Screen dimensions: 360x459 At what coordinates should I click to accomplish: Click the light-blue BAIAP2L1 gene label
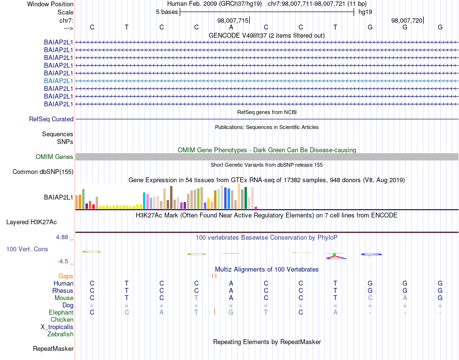pyautogui.click(x=58, y=81)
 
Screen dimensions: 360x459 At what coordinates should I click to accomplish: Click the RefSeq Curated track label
pyautogui.click(x=51, y=119)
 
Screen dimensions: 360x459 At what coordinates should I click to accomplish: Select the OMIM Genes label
pyautogui.click(x=55, y=157)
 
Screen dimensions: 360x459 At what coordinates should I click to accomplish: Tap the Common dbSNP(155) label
pyautogui.click(x=43, y=172)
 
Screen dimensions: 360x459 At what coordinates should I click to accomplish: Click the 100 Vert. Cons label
pyautogui.click(x=27, y=249)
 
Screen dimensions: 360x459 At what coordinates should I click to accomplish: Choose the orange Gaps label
pyautogui.click(x=66, y=276)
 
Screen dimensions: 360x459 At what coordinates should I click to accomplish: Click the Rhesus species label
pyautogui.click(x=63, y=290)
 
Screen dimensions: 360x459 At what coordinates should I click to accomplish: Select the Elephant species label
pyautogui.click(x=61, y=313)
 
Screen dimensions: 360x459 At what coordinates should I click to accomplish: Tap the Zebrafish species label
pyautogui.click(x=60, y=334)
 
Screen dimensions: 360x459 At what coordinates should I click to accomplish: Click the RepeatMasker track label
pyautogui.click(x=53, y=348)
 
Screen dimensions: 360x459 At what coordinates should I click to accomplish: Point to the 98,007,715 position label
pyautogui.click(x=233, y=20)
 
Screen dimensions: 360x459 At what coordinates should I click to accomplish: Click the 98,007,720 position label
pyautogui.click(x=407, y=20)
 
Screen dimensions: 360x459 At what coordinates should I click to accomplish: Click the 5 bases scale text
pyautogui.click(x=167, y=12)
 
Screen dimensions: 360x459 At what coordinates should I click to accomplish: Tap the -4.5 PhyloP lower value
pyautogui.click(x=63, y=261)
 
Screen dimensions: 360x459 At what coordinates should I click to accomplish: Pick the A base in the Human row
pyautogui.click(x=231, y=283)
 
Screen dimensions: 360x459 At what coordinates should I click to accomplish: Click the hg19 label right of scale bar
pyautogui.click(x=365, y=12)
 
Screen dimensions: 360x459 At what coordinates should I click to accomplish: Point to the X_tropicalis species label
pyautogui.click(x=57, y=327)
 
